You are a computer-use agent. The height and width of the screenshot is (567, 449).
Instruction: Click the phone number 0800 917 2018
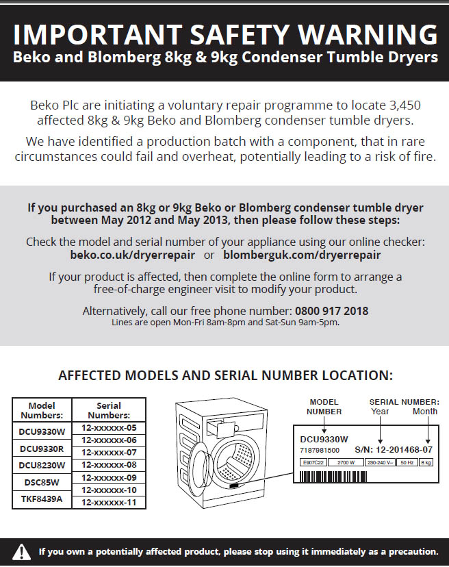tap(331, 311)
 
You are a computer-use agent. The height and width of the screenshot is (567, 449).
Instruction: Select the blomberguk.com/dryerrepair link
tap(302, 255)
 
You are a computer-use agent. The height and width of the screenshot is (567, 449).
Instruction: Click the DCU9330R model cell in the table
tap(41, 449)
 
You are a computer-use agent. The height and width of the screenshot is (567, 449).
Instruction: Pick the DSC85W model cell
tap(41, 482)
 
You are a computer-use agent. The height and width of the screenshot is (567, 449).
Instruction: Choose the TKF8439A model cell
tap(41, 499)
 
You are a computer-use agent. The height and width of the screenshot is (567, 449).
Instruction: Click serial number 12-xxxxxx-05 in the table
tap(109, 427)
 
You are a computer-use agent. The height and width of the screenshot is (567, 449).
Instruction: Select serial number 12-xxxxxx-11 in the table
tap(109, 502)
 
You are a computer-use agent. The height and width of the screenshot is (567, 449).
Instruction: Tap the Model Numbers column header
tap(41, 410)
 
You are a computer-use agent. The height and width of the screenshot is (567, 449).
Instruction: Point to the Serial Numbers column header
tap(109, 410)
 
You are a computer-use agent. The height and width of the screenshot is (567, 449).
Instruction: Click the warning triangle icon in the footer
tap(22, 551)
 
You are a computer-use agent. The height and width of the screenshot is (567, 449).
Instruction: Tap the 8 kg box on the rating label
tap(426, 463)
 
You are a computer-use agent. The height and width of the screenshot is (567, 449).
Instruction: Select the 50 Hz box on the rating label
tap(406, 463)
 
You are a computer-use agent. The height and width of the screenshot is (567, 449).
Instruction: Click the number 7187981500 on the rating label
tap(320, 450)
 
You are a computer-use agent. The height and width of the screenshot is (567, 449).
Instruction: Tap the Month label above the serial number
tap(424, 411)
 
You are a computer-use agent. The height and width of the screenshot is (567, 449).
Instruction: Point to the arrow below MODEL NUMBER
tap(324, 424)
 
